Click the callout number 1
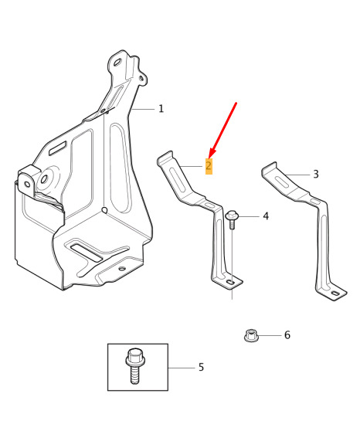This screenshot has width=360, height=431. coord(161,109)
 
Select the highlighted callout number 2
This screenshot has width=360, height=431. coord(209,166)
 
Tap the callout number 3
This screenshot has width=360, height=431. coord(316,175)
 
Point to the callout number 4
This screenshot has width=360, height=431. coord(266,216)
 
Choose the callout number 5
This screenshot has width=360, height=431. coord(202,367)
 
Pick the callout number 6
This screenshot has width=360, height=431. coord(287,335)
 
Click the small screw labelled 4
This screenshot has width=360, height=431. coord(232,219)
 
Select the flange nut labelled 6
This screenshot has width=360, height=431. coord(250,336)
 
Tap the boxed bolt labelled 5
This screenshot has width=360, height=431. coord(134,365)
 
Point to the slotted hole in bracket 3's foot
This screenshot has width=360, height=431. coord(335,294)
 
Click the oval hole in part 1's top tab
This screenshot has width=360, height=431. coord(117,62)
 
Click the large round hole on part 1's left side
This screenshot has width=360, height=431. coord(44,179)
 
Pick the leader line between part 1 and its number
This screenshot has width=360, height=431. coord(142,110)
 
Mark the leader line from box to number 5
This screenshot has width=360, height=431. coord(182,368)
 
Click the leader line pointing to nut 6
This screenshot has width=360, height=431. coord(270,336)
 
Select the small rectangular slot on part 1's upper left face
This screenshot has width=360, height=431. coord(58,148)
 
